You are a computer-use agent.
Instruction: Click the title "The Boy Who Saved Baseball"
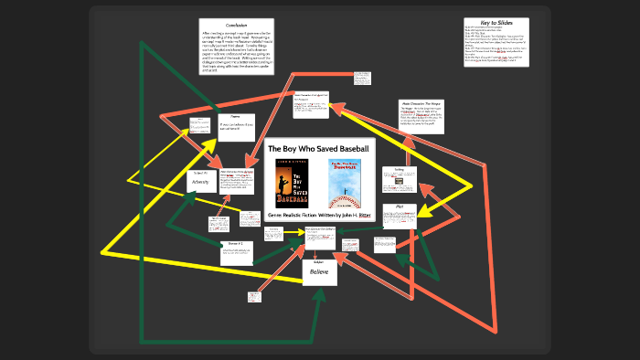318,149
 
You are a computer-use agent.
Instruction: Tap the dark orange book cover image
291,182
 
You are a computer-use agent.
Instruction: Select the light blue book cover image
344,182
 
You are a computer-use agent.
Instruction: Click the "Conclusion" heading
224,26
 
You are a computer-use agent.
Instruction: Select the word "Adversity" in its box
199,183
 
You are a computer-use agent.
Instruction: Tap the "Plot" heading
399,208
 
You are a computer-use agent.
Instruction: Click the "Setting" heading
399,170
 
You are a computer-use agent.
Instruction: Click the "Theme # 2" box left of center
235,244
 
